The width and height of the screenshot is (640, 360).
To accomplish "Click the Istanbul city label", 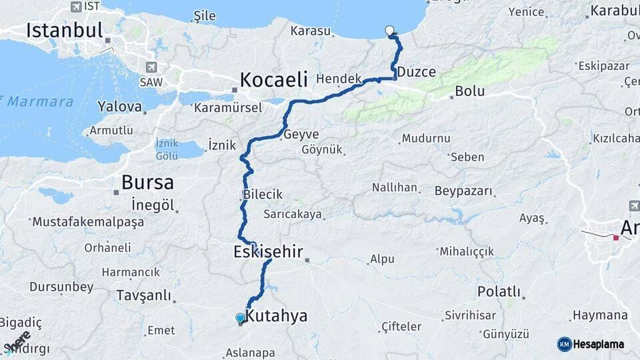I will pos(65,31).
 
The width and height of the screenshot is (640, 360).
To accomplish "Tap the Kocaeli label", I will pos(273,80).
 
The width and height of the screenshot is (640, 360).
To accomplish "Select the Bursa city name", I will pos(147,182).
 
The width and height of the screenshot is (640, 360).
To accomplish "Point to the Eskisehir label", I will pos(268,252).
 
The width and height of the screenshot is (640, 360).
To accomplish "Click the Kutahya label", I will pos(277,315).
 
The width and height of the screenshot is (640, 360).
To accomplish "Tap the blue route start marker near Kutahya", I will pos(240,318).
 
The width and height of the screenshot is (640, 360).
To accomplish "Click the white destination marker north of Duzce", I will pos(390,30).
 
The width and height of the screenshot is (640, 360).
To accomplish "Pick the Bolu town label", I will pos(469,91).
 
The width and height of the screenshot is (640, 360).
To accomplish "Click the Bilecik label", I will pos(263,195).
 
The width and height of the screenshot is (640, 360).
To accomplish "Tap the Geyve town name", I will pos(301,134).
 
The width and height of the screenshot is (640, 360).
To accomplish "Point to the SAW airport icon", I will pos(153,67).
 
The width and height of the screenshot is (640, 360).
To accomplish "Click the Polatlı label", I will pos(499,292).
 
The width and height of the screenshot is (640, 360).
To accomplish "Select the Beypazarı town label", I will pos(463,191).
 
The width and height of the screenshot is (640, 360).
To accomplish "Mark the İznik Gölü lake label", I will pos(166,149).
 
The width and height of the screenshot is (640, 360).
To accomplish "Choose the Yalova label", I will pos(120,106).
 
